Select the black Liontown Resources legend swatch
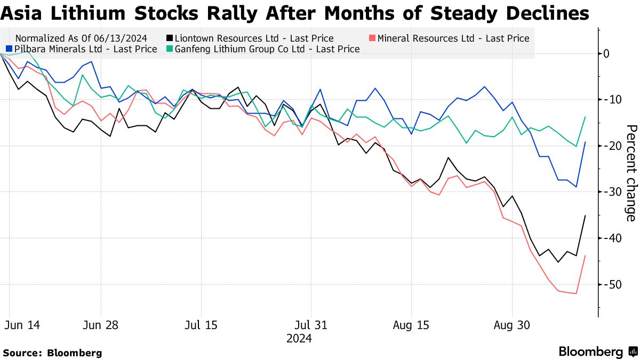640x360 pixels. point(170,38)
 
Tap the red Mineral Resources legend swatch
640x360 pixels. point(373,38)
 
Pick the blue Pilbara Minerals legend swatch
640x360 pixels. point(9,49)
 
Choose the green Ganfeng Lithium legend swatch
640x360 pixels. point(170,49)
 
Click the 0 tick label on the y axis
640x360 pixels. point(606,53)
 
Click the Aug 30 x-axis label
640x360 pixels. point(513,325)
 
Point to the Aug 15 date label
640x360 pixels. point(411,325)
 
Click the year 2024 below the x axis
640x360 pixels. point(299,339)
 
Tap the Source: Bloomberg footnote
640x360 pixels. point(52,353)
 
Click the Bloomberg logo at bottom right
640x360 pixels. point(597,352)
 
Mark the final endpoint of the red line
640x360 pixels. point(586,255)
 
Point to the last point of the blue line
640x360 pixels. point(586,142)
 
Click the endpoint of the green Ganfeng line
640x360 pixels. point(586,117)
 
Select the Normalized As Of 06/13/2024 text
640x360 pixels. point(82,38)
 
